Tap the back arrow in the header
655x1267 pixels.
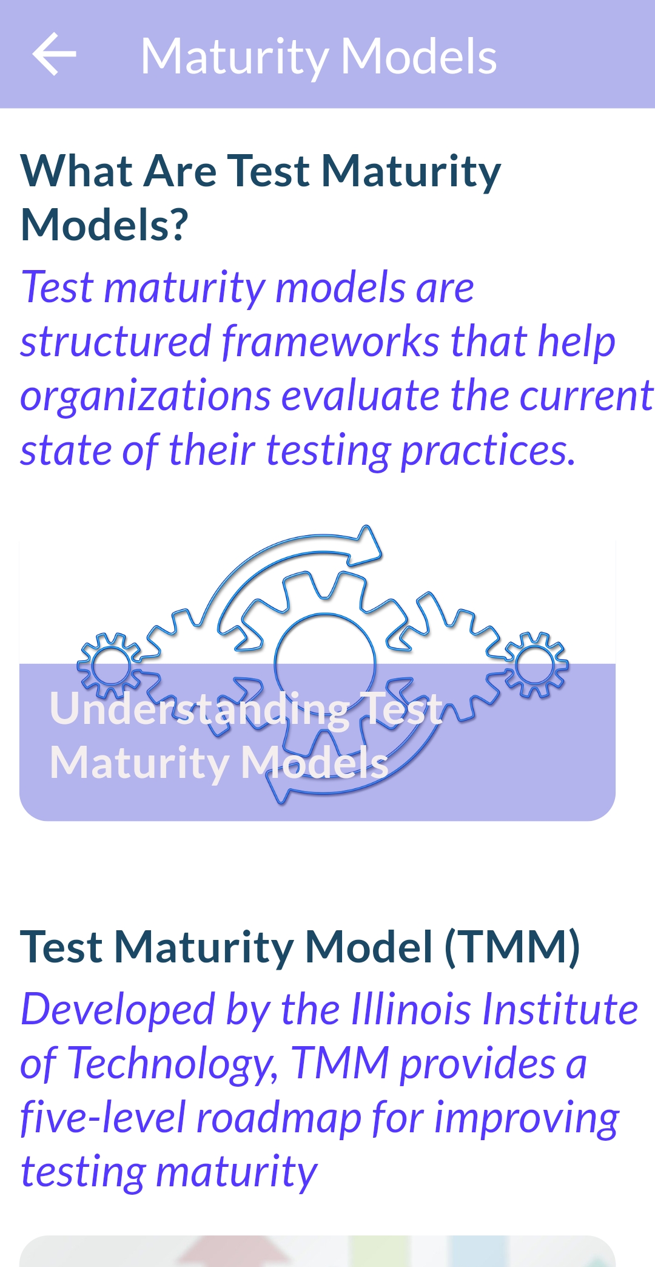tap(54, 54)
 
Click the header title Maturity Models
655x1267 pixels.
tap(318, 56)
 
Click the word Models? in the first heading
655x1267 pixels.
tap(105, 225)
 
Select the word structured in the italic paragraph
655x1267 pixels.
tap(116, 341)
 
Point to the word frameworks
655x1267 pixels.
tap(331, 341)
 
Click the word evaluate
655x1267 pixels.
tap(361, 396)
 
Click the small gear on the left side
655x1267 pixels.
tap(110, 665)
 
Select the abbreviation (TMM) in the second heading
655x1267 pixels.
tap(512, 947)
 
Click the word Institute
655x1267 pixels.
tap(560, 1009)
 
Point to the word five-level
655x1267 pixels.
tap(102, 1118)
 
